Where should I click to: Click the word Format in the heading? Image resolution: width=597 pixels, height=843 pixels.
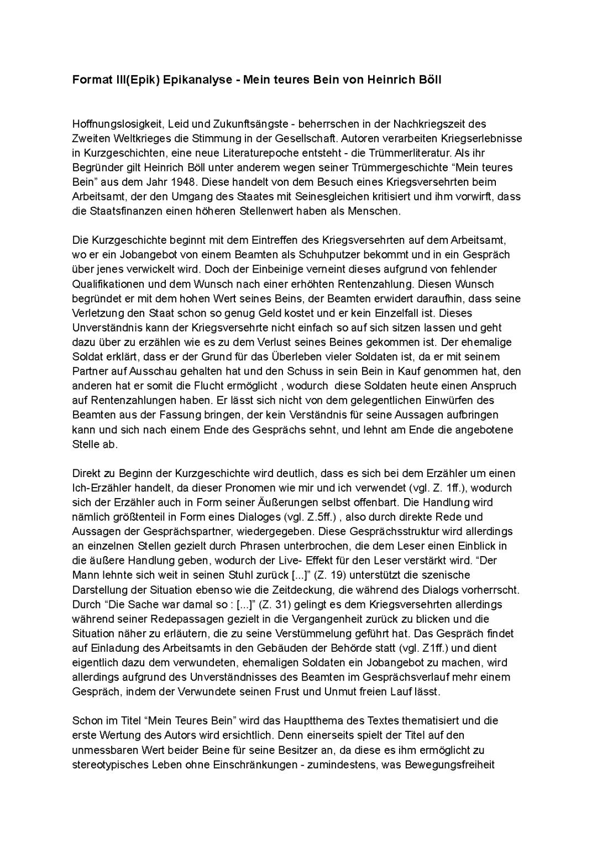(89, 80)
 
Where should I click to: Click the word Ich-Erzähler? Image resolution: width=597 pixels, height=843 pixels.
(98, 488)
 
